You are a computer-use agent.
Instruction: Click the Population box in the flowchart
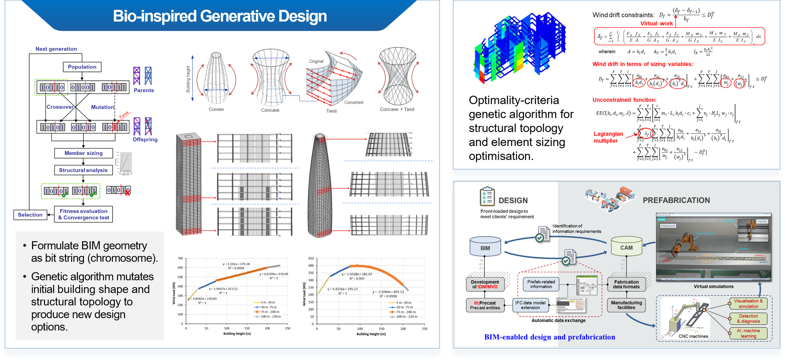[x=82, y=67]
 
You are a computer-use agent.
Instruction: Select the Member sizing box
[x=83, y=153]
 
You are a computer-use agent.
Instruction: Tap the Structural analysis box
[x=83, y=170]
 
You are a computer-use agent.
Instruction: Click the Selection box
[x=30, y=215]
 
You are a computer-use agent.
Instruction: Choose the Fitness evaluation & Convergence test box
[x=83, y=214]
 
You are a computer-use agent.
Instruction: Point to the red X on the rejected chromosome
[x=127, y=193]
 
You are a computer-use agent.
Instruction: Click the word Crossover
[x=60, y=107]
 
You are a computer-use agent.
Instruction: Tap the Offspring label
[x=145, y=139]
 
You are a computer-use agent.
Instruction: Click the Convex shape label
[x=216, y=109]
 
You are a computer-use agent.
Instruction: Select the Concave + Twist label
[x=397, y=109]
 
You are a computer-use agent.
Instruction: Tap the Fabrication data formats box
[x=626, y=284]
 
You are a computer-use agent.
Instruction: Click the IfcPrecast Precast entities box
[x=485, y=305]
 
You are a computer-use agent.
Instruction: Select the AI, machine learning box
[x=748, y=333]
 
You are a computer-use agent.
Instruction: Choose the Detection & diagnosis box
[x=748, y=319]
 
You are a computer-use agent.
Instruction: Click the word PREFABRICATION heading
[x=676, y=200]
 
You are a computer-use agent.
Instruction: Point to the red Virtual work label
[x=656, y=24]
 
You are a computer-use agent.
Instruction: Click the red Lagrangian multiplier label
[x=608, y=137]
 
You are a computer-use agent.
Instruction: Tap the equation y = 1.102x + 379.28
[x=236, y=264]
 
